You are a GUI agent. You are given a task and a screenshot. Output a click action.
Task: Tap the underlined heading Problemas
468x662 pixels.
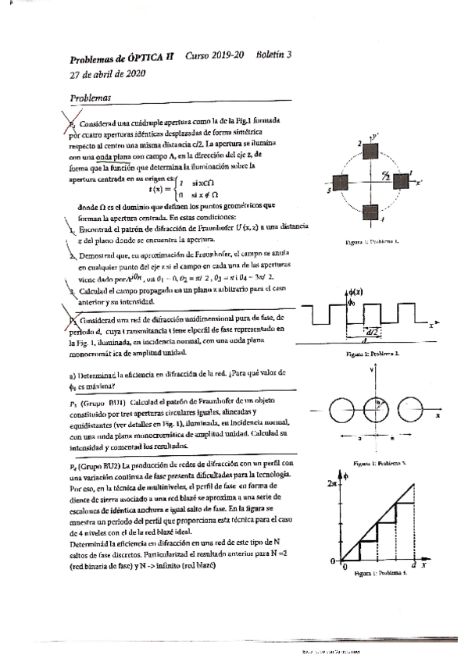[90, 98]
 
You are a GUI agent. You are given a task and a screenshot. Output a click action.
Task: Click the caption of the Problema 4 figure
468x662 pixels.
[380, 574]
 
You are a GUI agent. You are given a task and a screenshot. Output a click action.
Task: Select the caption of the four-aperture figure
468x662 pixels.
[373, 242]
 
